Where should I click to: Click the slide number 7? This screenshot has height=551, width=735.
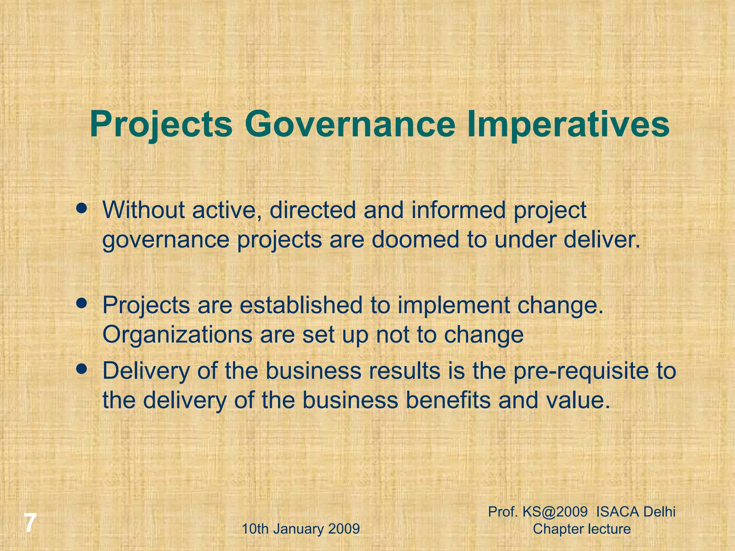tap(31, 523)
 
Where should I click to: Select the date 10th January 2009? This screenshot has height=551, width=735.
tap(301, 529)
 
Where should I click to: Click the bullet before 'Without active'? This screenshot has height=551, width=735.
tap(82, 208)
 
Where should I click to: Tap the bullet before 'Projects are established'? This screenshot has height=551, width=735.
tap(82, 303)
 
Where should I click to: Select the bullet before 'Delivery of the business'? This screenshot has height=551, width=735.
tap(82, 369)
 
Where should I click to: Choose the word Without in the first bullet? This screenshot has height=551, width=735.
tap(144, 210)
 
